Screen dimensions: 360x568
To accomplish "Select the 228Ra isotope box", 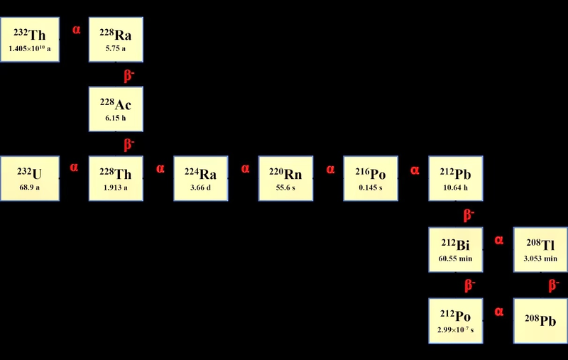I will (116, 40).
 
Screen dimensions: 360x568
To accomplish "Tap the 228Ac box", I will (116, 109).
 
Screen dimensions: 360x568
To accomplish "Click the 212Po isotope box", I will (456, 320).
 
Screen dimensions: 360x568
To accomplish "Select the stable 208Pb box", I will (540, 320).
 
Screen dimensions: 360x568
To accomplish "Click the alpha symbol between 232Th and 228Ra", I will (76, 30).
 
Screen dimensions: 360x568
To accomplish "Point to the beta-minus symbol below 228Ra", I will (129, 75).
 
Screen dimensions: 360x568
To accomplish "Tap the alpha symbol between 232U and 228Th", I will (74, 168).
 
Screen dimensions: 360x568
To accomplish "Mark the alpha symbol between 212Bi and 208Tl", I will (499, 240).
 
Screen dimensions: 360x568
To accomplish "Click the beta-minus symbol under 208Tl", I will (553, 285).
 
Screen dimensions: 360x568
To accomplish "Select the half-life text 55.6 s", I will (285, 189).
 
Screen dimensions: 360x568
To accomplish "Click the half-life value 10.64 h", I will (456, 189).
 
